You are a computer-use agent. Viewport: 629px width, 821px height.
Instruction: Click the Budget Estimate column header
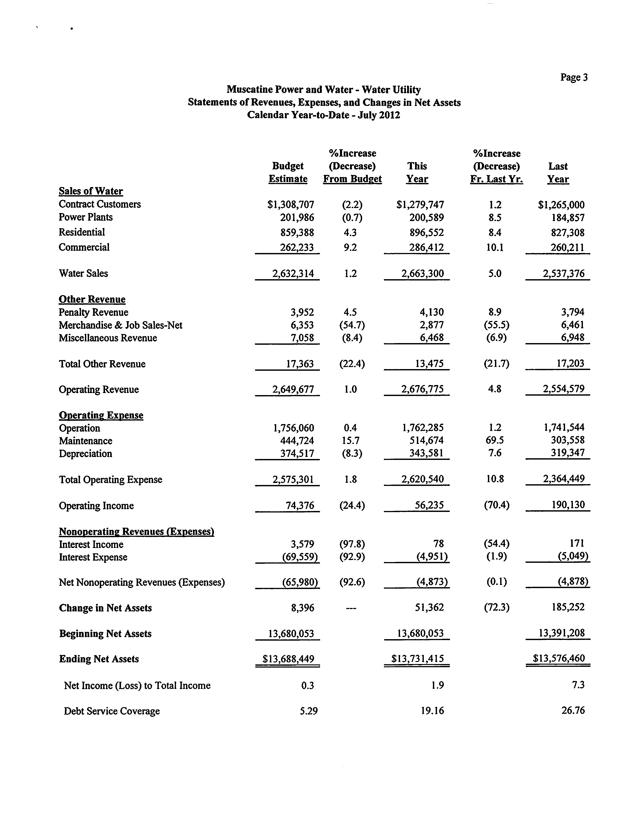point(288,172)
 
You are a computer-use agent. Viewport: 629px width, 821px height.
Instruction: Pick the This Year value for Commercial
point(426,247)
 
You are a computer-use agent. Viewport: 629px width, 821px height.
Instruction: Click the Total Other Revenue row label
point(102,364)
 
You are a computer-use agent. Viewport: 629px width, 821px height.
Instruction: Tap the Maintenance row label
point(85,441)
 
